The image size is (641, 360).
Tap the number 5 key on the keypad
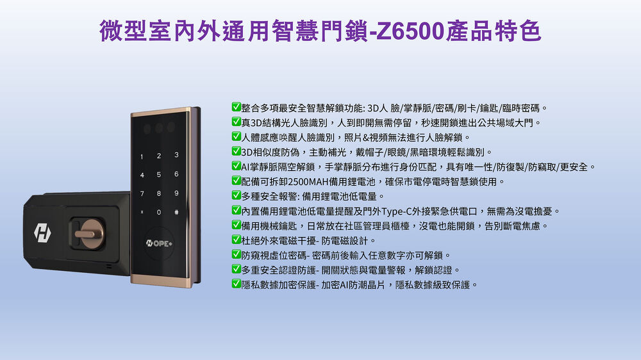coord(158,174)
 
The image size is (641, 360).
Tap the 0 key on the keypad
coord(158,212)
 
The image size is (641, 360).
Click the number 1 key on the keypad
coord(142,156)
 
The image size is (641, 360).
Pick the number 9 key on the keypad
coord(176,193)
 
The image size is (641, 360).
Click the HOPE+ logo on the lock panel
coord(159,243)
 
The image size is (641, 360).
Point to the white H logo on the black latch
coord(42,233)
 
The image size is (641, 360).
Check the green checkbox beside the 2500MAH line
coord(237,180)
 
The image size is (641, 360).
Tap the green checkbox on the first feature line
coord(237,106)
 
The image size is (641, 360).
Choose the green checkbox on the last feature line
coord(237,283)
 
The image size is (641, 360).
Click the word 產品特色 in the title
coord(494,31)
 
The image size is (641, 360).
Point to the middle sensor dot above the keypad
coord(159,128)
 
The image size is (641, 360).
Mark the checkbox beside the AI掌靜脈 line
coord(237,165)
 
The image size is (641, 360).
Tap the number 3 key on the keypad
coord(176,155)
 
